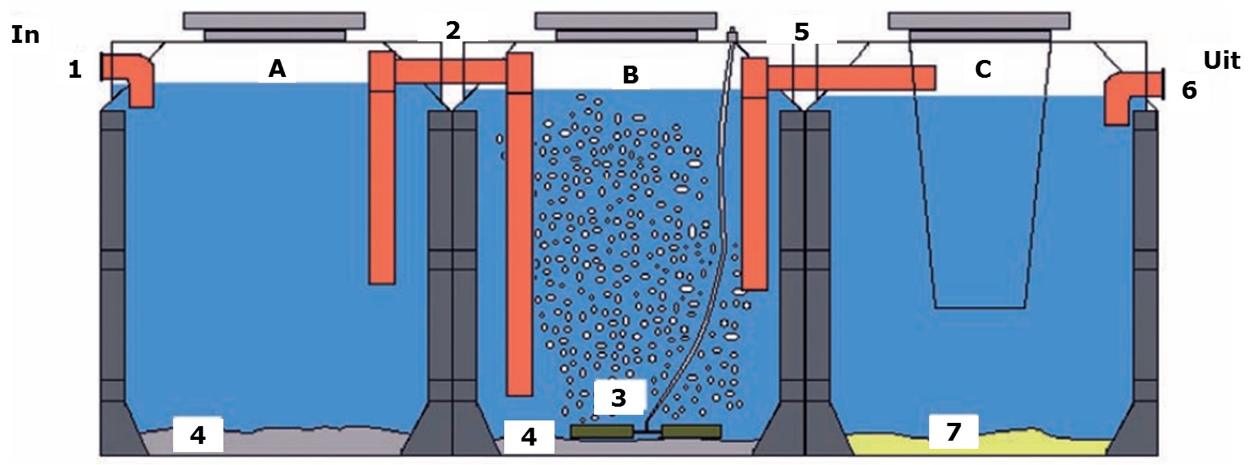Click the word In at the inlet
pos(25,35)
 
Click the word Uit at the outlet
pos(1221,60)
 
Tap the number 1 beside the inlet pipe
pos(75,70)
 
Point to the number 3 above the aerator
pos(618,398)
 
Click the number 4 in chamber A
pos(197,436)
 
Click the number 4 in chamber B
pos(529,437)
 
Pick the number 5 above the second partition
pos(800,32)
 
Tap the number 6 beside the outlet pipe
pos(1188,90)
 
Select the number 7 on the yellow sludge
pos(953,432)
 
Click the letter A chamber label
pos(277,70)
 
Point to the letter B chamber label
pos(630,75)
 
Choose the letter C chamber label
pos(982,70)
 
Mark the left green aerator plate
pos(603,432)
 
